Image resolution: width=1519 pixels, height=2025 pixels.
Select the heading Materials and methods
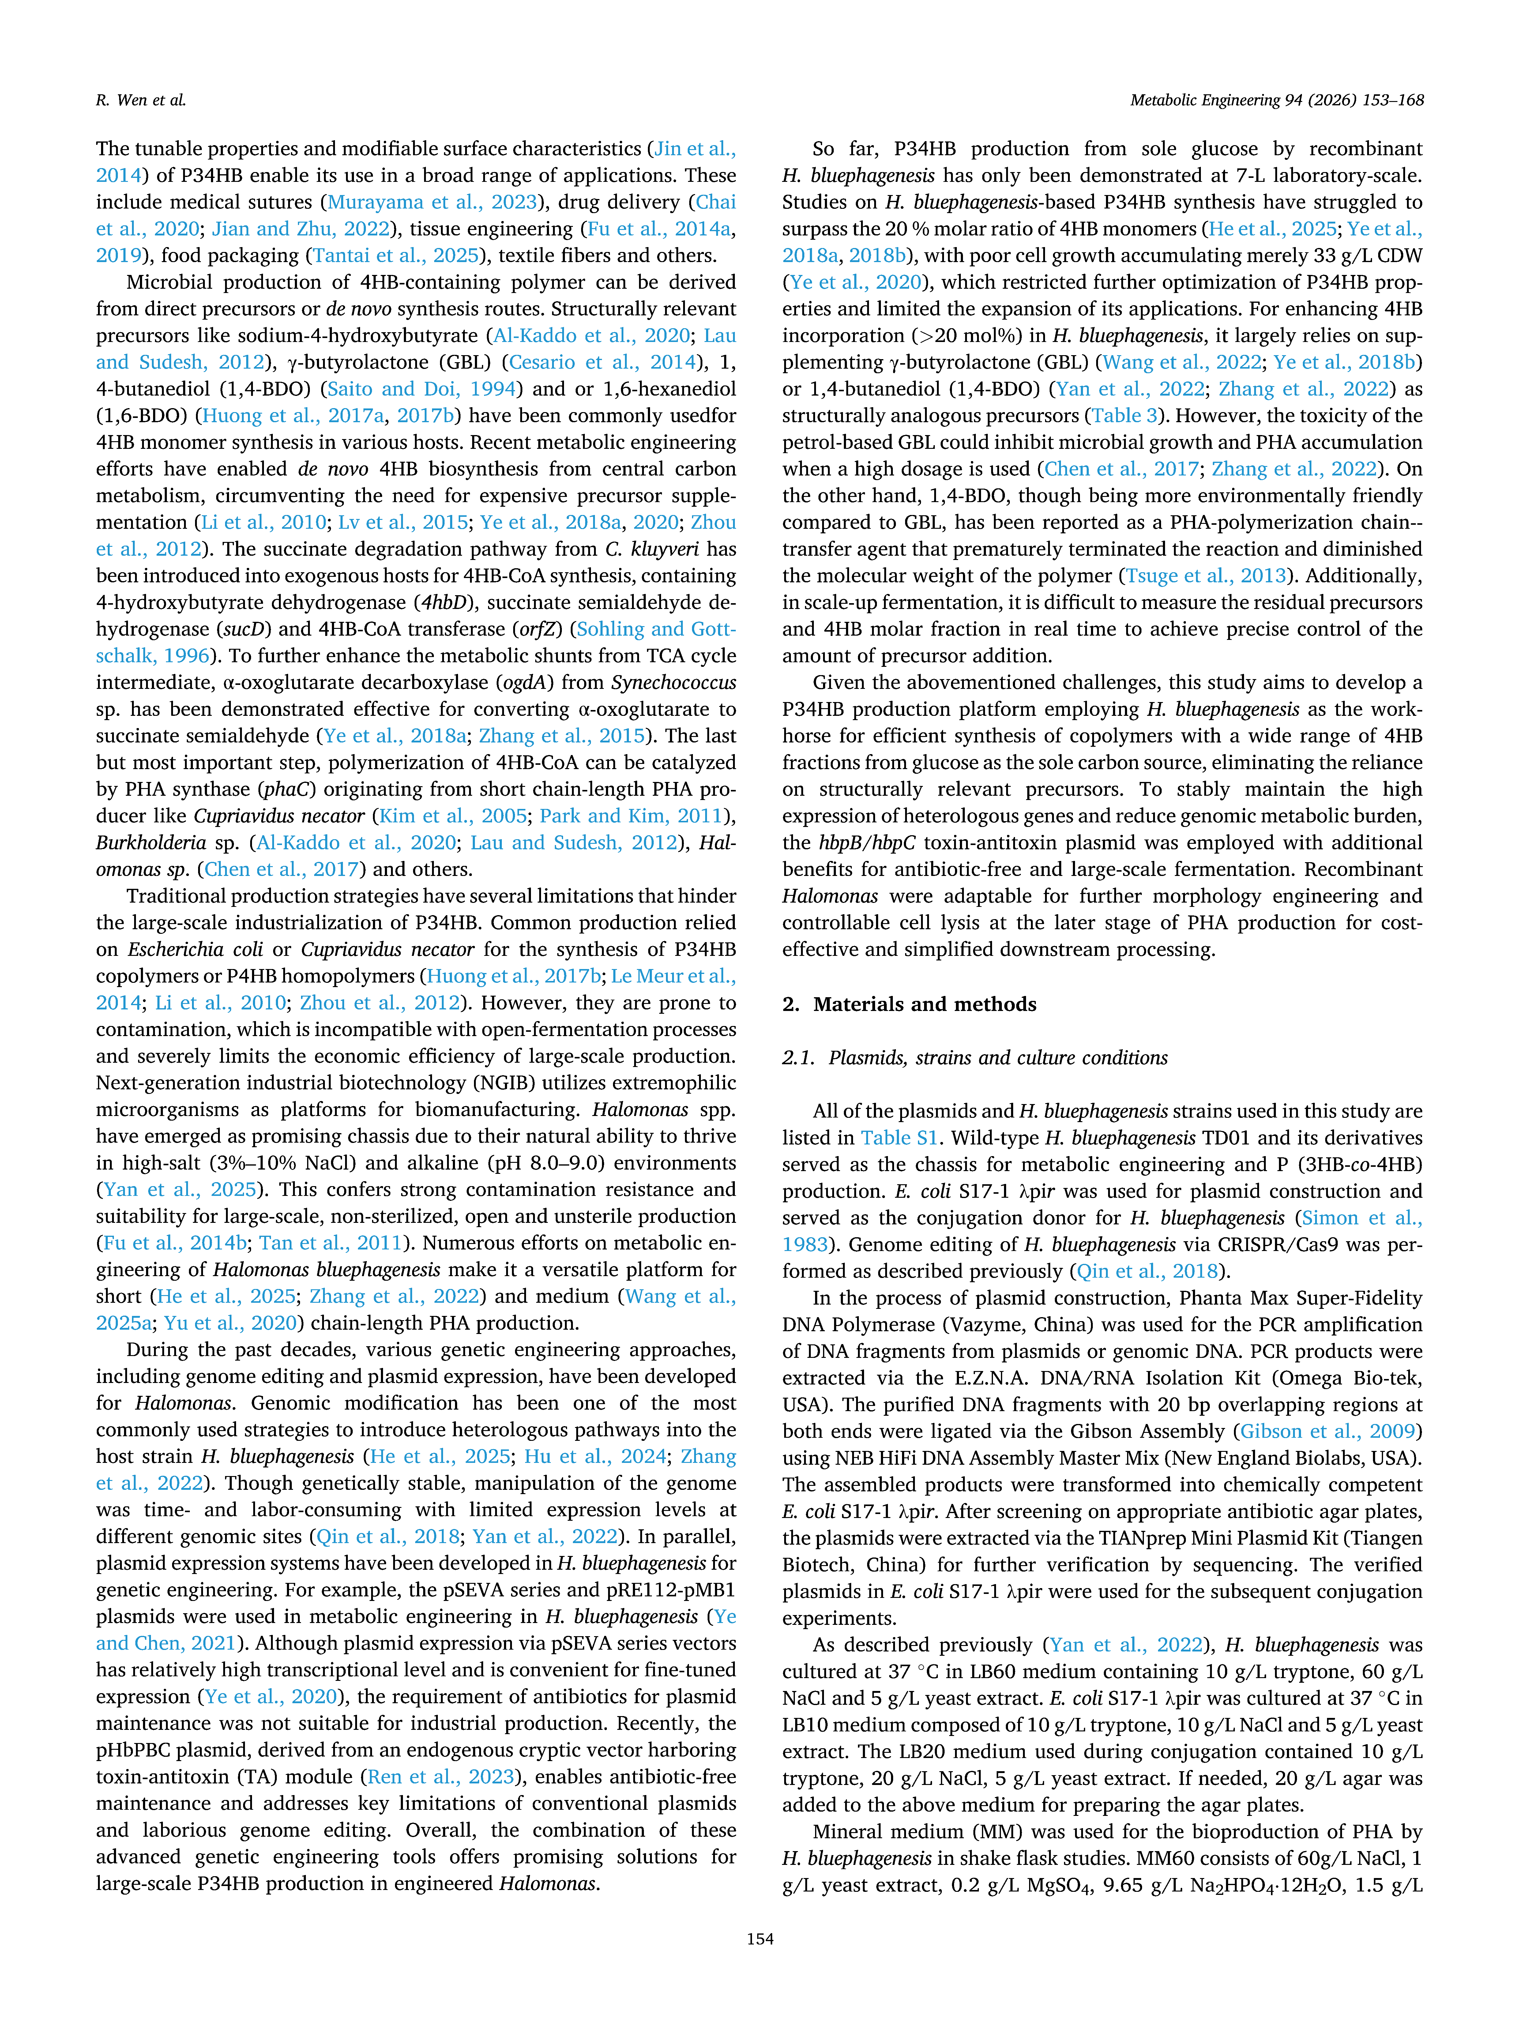click(x=925, y=1004)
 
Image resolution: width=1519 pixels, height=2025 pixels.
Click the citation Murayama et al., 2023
click(x=431, y=201)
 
